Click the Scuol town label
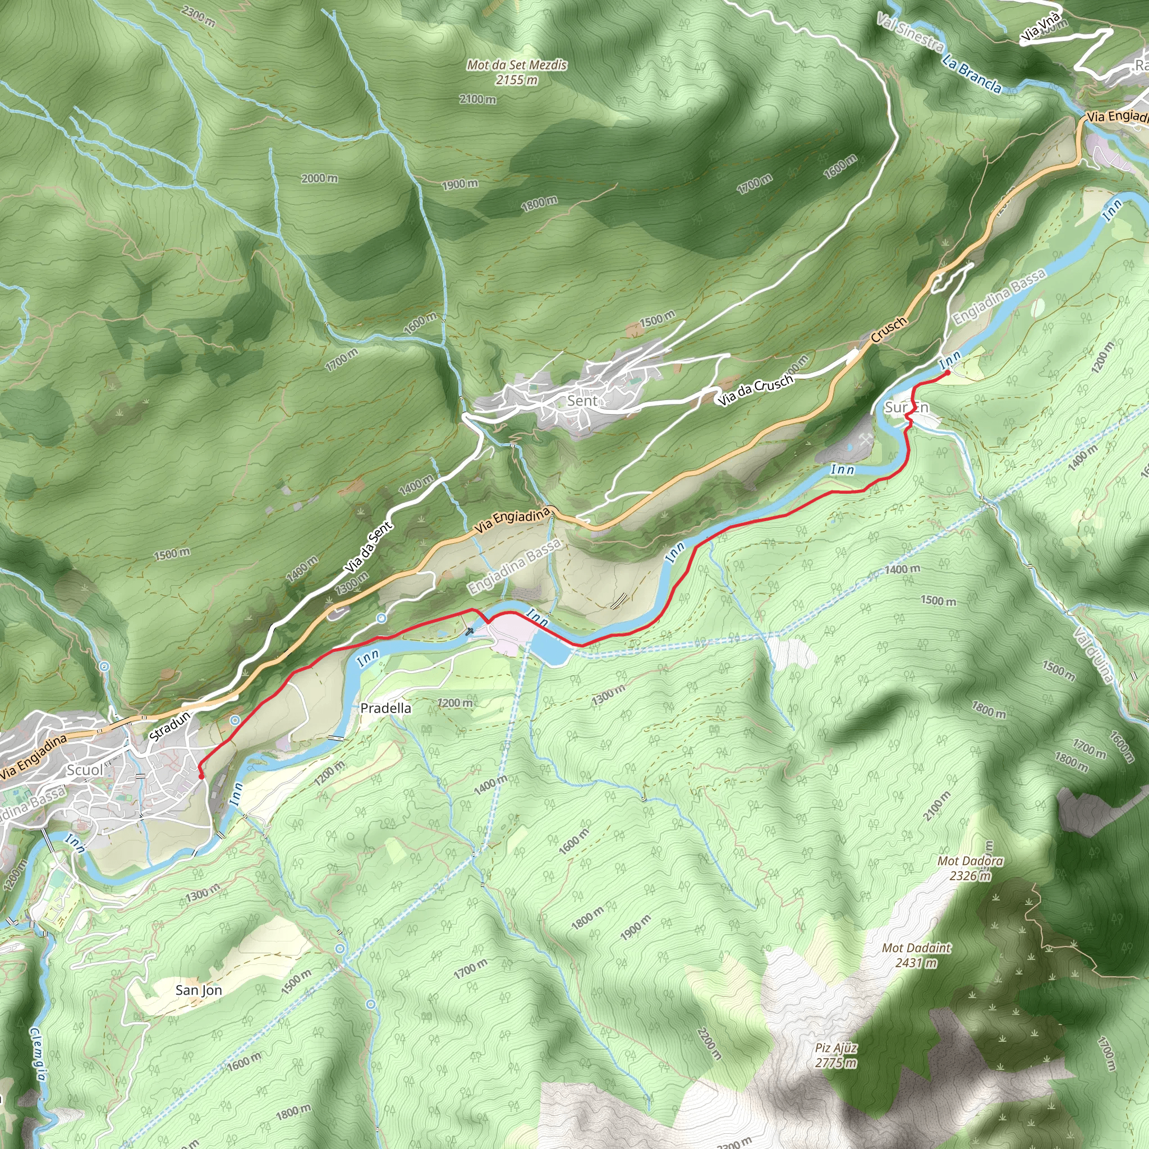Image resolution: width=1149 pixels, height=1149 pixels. point(85,770)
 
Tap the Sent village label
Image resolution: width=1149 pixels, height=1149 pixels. point(582,401)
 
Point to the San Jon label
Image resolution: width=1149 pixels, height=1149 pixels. point(199,990)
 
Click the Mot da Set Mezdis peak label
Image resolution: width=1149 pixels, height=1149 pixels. point(517,72)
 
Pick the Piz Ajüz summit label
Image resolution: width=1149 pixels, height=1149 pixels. point(835,1056)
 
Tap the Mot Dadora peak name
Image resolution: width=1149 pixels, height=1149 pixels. point(970,868)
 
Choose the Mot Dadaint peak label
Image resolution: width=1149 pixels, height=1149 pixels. point(917,955)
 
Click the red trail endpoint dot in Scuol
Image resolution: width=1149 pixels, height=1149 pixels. point(201,776)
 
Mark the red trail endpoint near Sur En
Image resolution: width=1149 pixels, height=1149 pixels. point(947,373)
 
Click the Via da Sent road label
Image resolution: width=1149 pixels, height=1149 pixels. point(369,547)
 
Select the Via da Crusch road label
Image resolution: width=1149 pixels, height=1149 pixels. point(755,389)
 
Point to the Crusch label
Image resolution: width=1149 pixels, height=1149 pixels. point(889,329)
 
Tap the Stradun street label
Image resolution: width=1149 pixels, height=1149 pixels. point(170,726)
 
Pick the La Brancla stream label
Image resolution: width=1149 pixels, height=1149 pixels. point(972,75)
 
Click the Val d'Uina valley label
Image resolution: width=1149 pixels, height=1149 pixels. point(1093,654)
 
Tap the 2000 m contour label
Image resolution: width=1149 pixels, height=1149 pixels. point(319,178)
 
